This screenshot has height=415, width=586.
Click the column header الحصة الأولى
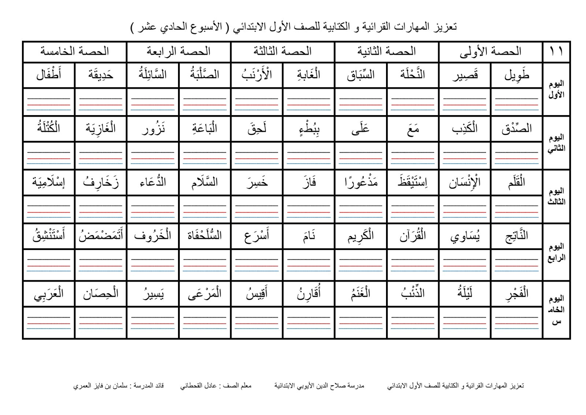[490, 52]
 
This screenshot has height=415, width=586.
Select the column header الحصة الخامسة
[74, 51]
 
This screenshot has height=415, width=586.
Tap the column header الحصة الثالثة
[282, 51]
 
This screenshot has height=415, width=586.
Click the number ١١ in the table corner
[556, 51]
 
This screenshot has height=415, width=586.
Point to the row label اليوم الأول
[556, 89]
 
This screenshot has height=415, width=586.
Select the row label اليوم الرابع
[556, 252]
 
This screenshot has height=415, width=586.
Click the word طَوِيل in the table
[516, 75]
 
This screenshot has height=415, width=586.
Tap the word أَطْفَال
[49, 75]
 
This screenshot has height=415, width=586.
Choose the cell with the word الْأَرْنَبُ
[256, 75]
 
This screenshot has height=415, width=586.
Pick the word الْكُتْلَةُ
[49, 129]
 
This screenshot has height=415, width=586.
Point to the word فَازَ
[309, 183]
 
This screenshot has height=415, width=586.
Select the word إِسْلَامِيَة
[49, 183]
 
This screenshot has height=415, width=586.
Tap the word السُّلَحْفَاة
[204, 236]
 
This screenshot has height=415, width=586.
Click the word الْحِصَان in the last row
[100, 294]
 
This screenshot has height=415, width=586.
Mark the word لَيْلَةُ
[464, 294]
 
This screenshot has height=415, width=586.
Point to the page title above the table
[293, 27]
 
